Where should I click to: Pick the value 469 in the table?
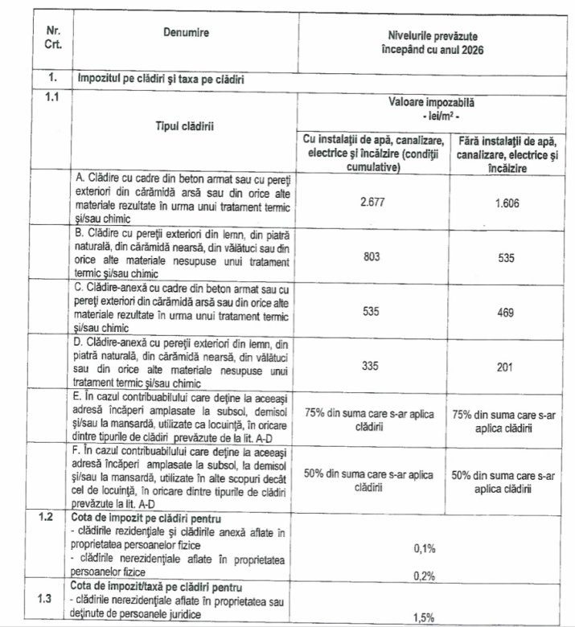tap(505, 311)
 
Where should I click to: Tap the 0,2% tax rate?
tap(424, 576)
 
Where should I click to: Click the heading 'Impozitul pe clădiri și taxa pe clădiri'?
tap(162, 79)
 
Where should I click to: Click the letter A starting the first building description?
tap(80, 175)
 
